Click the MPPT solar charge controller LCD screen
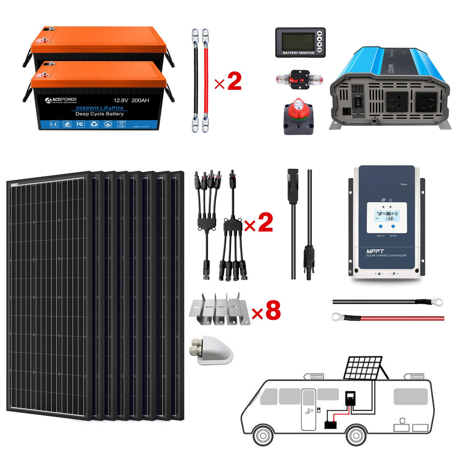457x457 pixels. (x=386, y=217)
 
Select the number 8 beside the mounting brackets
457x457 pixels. (x=273, y=312)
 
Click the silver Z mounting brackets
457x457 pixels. (x=220, y=308)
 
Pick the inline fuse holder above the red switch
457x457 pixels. (x=298, y=80)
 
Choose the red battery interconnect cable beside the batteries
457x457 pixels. (x=205, y=80)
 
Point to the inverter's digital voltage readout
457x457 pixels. (x=357, y=89)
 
